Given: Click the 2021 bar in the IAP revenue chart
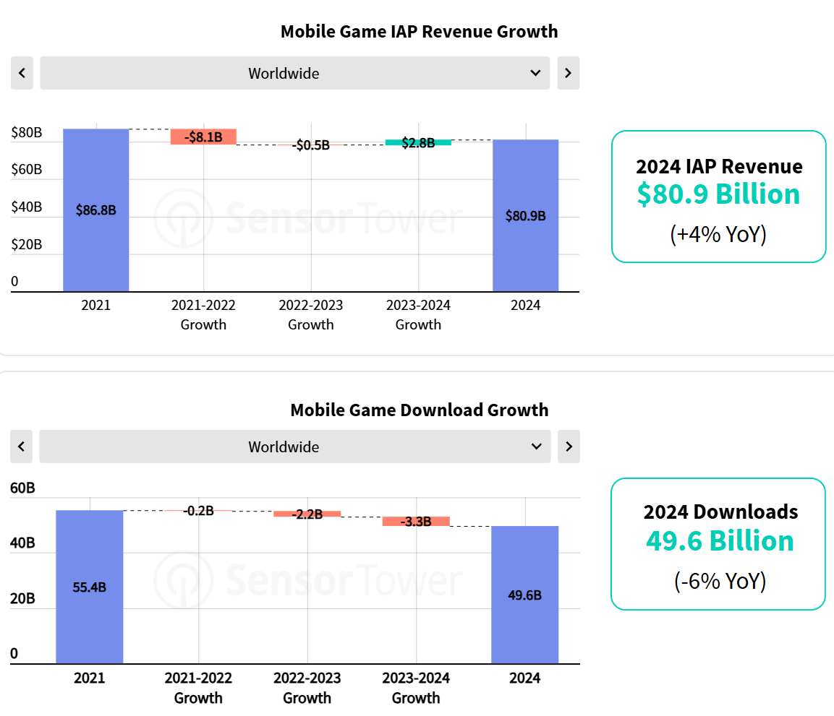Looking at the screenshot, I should click(95, 210).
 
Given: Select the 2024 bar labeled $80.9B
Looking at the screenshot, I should click(525, 215).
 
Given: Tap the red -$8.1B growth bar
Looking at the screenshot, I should click(203, 137).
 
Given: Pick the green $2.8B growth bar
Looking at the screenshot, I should click(418, 142).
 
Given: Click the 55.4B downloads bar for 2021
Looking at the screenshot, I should click(89, 586).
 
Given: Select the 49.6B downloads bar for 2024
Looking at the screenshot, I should click(524, 594).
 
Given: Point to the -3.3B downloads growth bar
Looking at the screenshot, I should click(416, 521).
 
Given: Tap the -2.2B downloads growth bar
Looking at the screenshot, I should click(307, 514).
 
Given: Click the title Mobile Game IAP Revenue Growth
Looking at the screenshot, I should click(419, 32).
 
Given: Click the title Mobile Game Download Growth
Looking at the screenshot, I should click(419, 410).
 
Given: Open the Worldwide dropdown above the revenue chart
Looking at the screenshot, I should click(294, 73).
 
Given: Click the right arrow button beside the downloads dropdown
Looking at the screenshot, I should click(569, 447).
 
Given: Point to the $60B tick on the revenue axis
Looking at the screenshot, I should click(27, 170).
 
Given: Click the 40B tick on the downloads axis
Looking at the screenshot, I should click(22, 543).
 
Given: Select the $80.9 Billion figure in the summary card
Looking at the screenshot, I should click(718, 194).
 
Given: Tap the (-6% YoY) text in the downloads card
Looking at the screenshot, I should click(719, 581).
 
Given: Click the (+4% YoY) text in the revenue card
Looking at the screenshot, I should click(718, 234).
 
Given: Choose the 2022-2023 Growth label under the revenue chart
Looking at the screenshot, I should click(311, 315).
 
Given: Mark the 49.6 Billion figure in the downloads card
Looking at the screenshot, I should click(719, 541).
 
